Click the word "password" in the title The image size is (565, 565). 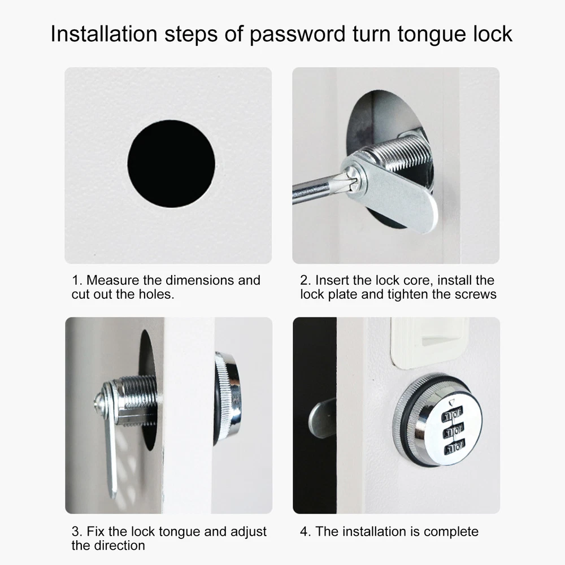(x=298, y=34)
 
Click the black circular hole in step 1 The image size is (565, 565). (x=171, y=164)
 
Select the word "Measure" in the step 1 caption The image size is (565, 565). (x=112, y=280)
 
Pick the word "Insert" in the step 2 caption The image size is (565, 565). (x=332, y=280)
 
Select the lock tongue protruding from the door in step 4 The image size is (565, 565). (x=322, y=418)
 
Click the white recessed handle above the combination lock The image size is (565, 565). (x=429, y=342)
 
